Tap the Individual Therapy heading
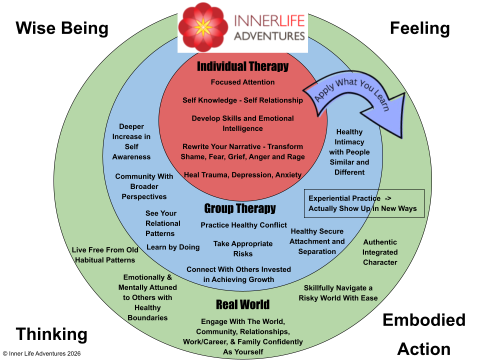(x=242, y=66)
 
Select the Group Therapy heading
(x=240, y=208)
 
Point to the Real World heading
(x=242, y=304)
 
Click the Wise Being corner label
(x=62, y=28)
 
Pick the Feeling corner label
(x=419, y=28)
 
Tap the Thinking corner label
(x=51, y=334)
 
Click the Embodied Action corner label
(x=424, y=334)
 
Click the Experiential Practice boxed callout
(x=364, y=203)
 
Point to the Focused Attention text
(x=242, y=82)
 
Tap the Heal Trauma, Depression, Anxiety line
(x=242, y=175)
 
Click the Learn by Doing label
(x=173, y=247)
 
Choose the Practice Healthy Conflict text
(x=244, y=225)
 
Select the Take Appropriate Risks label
(x=243, y=248)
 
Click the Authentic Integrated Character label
(x=380, y=252)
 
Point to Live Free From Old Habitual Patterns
(x=105, y=255)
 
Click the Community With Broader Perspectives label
(x=144, y=186)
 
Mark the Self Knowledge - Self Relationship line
(x=242, y=100)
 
